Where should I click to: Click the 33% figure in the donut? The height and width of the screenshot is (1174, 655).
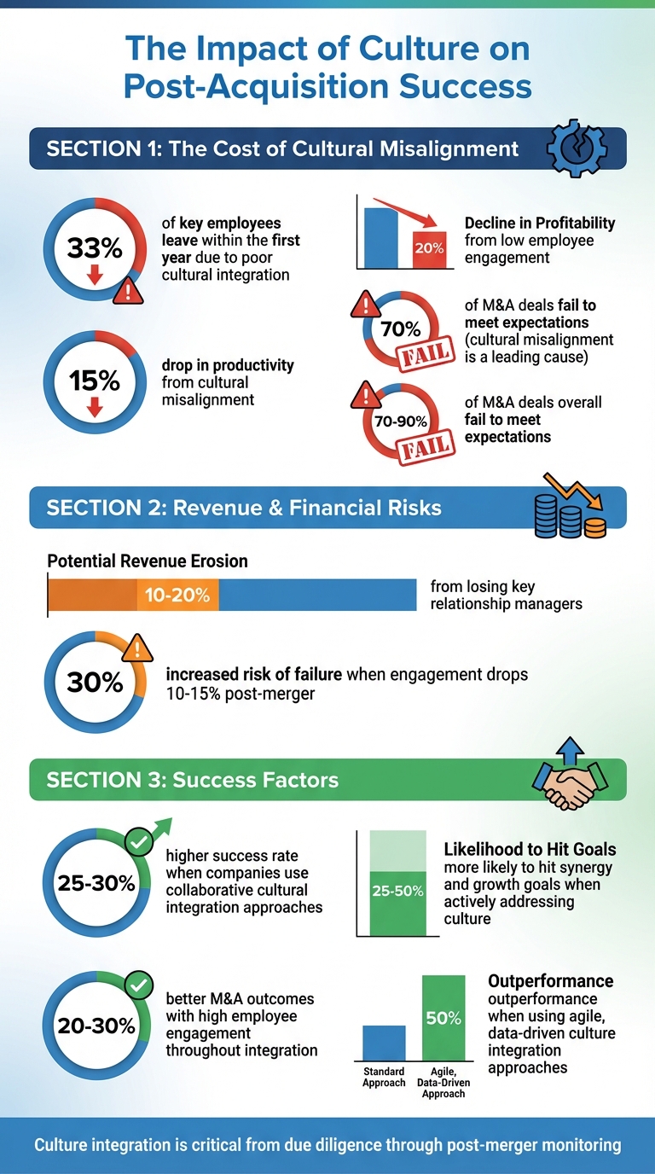95,247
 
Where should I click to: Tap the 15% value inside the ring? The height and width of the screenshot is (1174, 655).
95,380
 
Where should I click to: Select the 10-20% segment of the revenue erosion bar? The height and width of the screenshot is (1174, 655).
177,595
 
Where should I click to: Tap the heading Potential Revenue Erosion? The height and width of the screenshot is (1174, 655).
148,561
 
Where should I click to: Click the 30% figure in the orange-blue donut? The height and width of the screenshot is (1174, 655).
95,682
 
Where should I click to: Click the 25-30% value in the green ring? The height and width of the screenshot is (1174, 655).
96,882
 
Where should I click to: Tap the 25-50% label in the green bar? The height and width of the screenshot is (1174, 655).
397,892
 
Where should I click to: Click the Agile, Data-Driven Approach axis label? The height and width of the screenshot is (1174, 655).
443,1083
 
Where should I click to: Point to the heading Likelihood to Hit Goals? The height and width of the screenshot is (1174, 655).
530,850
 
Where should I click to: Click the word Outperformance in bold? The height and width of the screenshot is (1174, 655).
550,981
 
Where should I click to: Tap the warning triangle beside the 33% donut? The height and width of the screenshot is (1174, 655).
128,291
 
